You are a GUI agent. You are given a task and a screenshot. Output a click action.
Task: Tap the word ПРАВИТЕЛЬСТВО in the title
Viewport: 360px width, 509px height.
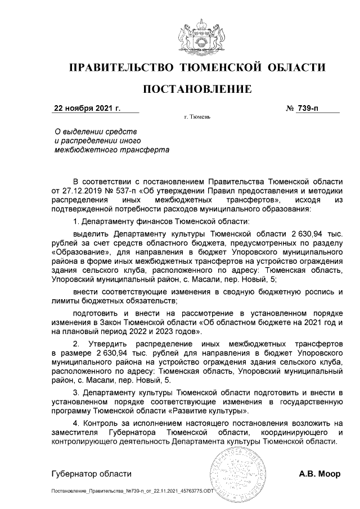(x=120, y=69)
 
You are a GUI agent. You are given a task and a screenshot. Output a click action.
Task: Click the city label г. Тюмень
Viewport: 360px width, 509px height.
(x=196, y=118)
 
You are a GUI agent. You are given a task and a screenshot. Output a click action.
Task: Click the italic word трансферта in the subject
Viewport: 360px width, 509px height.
(x=143, y=150)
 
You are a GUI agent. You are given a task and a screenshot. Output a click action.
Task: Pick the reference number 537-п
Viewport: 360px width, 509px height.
(x=125, y=191)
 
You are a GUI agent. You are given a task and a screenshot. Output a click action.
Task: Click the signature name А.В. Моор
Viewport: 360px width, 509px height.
(x=319, y=474)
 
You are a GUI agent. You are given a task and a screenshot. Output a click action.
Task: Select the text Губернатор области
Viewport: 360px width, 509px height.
(x=91, y=474)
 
